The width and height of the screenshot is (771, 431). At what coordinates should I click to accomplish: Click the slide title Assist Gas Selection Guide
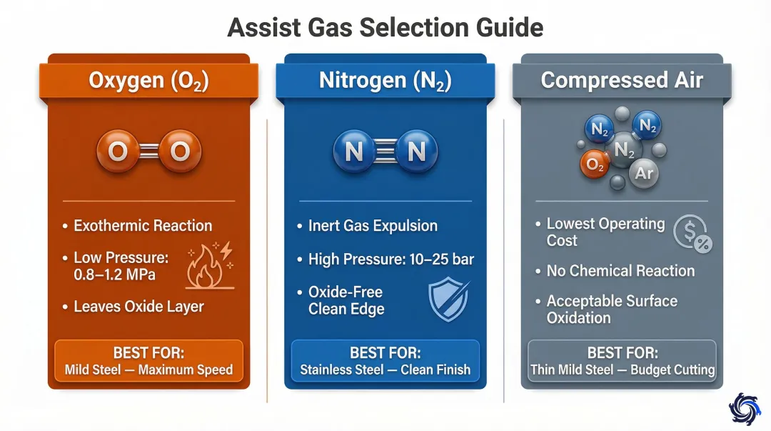(x=385, y=27)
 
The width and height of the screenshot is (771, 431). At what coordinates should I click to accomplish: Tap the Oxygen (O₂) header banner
(x=148, y=80)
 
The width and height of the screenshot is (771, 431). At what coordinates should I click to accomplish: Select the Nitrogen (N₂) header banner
(x=385, y=80)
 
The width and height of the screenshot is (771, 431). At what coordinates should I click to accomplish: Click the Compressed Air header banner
(x=622, y=80)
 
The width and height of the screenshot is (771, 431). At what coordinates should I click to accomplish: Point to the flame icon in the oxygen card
(x=210, y=265)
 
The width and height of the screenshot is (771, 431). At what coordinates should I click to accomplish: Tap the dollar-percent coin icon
(x=692, y=234)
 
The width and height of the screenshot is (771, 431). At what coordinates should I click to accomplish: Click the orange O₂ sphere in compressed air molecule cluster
(x=595, y=164)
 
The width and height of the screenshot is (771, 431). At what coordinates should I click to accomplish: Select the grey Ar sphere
(x=644, y=173)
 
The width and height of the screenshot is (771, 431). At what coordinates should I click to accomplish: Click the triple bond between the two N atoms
(x=385, y=151)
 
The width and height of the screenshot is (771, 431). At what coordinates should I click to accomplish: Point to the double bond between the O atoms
(x=148, y=151)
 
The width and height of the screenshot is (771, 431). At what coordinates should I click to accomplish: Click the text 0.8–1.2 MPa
(x=114, y=274)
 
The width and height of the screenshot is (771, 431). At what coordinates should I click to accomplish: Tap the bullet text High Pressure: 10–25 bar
(x=391, y=259)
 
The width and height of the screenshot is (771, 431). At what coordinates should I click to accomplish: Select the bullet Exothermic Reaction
(x=143, y=226)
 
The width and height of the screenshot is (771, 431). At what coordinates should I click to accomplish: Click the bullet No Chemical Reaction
(x=620, y=270)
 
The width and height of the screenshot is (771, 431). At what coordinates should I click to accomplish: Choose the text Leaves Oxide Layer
(x=138, y=307)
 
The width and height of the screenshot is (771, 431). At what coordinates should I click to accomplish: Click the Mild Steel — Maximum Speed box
(x=148, y=361)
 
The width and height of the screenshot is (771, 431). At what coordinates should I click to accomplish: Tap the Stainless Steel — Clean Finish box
(x=385, y=361)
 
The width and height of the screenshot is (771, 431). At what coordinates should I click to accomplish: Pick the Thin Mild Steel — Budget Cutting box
(x=622, y=361)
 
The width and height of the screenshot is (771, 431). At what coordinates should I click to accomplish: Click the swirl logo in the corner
(x=744, y=408)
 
